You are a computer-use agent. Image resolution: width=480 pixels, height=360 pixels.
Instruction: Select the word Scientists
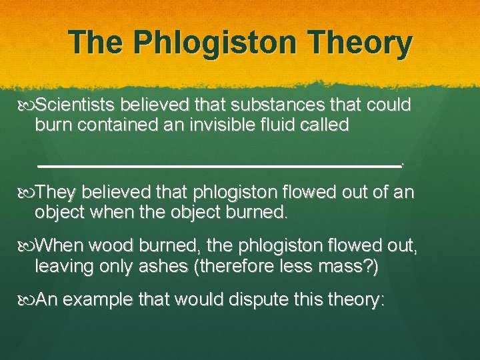[78, 105]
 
